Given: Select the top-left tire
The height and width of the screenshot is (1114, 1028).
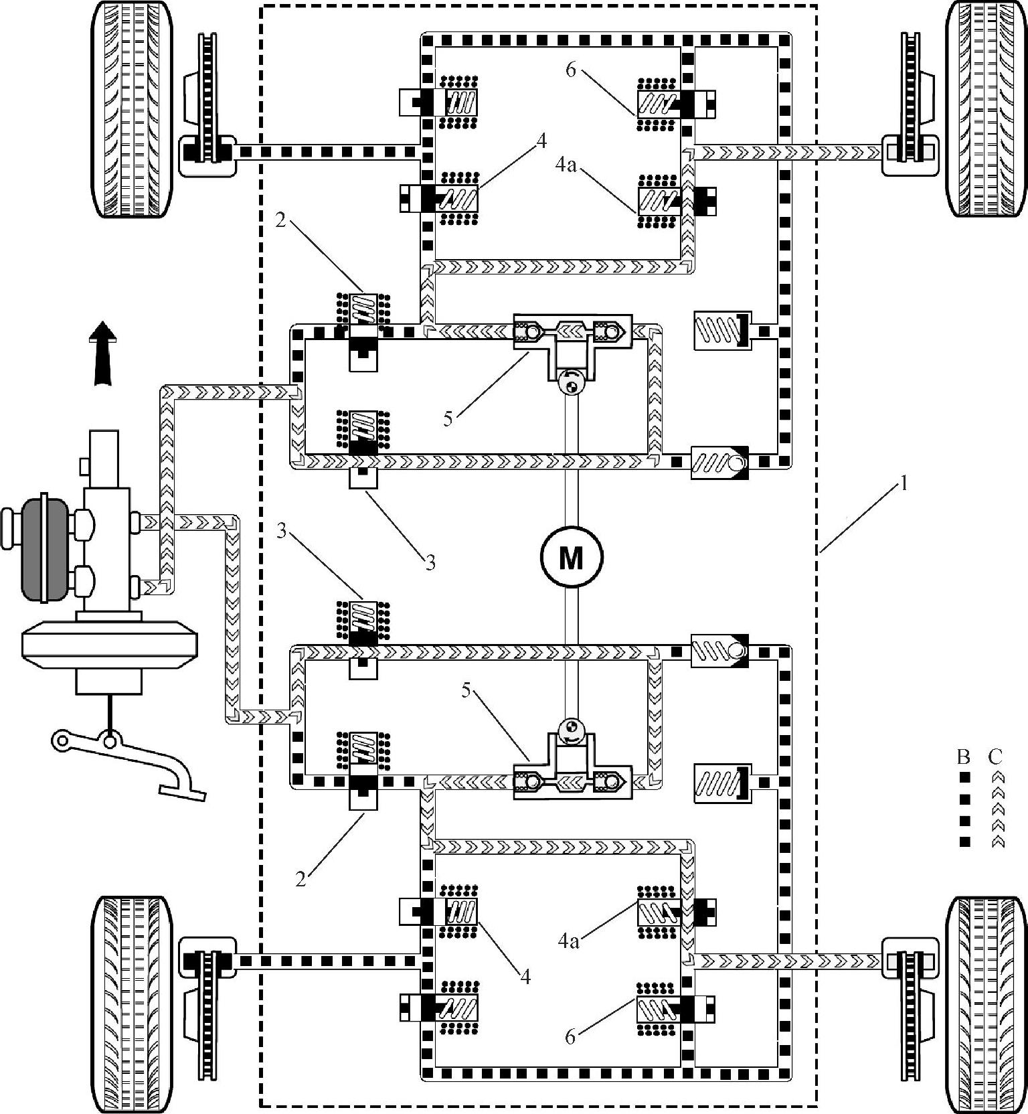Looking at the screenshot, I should [x=131, y=109].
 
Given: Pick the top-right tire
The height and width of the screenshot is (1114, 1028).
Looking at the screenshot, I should [x=986, y=109].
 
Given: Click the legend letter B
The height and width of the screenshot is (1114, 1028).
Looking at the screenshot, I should [x=964, y=757].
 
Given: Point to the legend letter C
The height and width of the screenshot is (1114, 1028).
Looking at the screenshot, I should [x=995, y=757].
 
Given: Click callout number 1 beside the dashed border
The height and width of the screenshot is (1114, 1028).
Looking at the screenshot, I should [x=904, y=483].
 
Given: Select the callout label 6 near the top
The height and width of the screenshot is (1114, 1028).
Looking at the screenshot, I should [x=570, y=70].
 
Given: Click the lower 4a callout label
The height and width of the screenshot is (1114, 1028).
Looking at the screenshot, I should [x=568, y=942].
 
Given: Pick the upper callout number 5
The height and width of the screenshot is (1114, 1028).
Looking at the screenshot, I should [x=449, y=419].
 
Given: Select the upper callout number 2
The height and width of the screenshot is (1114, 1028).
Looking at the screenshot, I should [x=280, y=220].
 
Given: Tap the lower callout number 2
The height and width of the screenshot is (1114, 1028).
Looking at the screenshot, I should [x=301, y=878].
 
